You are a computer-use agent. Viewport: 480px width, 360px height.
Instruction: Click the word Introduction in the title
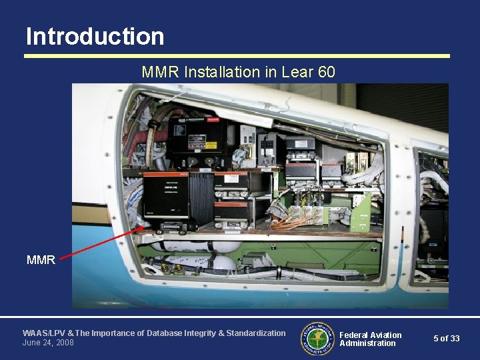click(x=95, y=36)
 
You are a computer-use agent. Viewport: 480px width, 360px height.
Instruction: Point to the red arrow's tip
click(x=143, y=227)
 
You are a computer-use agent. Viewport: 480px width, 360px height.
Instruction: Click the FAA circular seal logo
click(x=318, y=339)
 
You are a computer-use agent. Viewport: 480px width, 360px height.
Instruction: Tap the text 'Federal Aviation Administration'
click(x=370, y=339)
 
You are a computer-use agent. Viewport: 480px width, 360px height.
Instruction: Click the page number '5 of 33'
click(x=446, y=339)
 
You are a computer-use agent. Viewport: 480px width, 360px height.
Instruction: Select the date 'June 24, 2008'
click(x=48, y=343)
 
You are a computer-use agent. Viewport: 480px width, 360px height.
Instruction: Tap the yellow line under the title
click(x=237, y=56)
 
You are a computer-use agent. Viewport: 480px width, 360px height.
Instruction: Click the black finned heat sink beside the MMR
click(x=201, y=197)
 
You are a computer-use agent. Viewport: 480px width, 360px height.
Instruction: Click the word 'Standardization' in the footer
click(x=256, y=333)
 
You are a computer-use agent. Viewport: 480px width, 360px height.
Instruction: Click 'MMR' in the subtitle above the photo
click(x=156, y=71)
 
